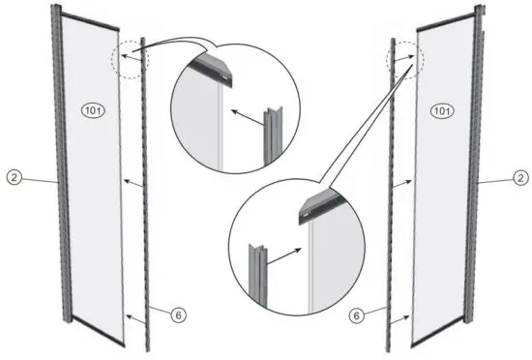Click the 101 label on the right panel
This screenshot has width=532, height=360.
click(x=441, y=112)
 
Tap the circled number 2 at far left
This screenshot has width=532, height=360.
click(x=13, y=178)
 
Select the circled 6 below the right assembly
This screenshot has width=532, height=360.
click(x=356, y=314)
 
